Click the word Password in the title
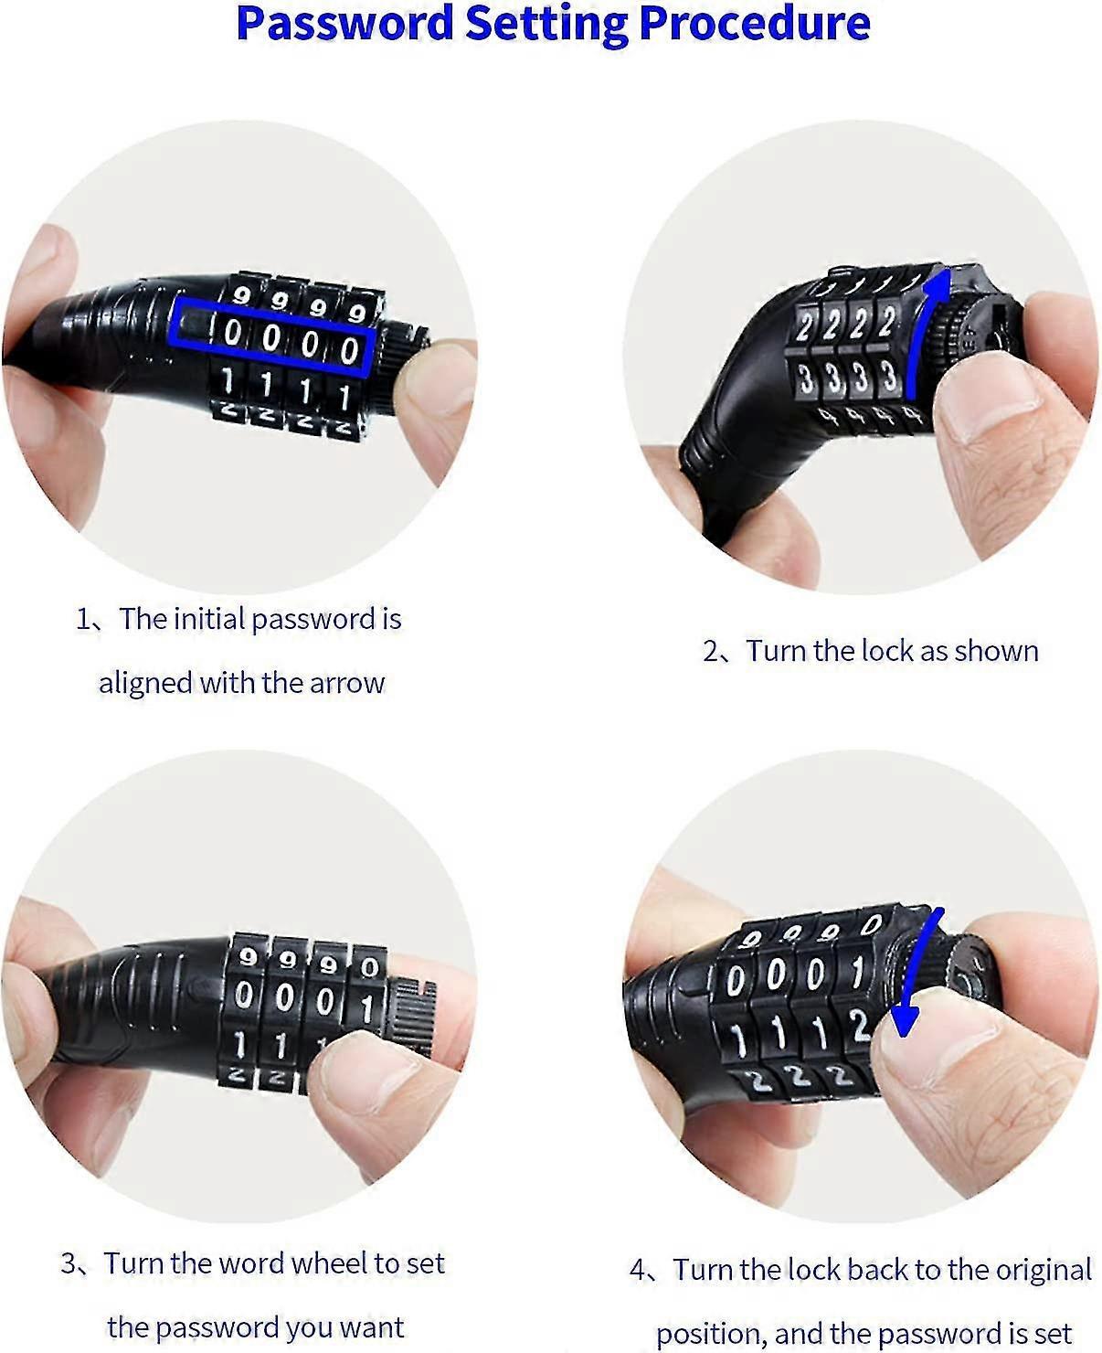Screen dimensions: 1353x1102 344,24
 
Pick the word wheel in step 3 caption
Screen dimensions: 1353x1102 327,1263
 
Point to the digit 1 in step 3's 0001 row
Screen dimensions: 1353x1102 366,1007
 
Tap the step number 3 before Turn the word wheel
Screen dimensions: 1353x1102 69,1264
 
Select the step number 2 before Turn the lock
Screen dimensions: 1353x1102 712,652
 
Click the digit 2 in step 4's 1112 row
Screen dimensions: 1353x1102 858,1026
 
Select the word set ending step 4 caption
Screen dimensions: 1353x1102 1053,1334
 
